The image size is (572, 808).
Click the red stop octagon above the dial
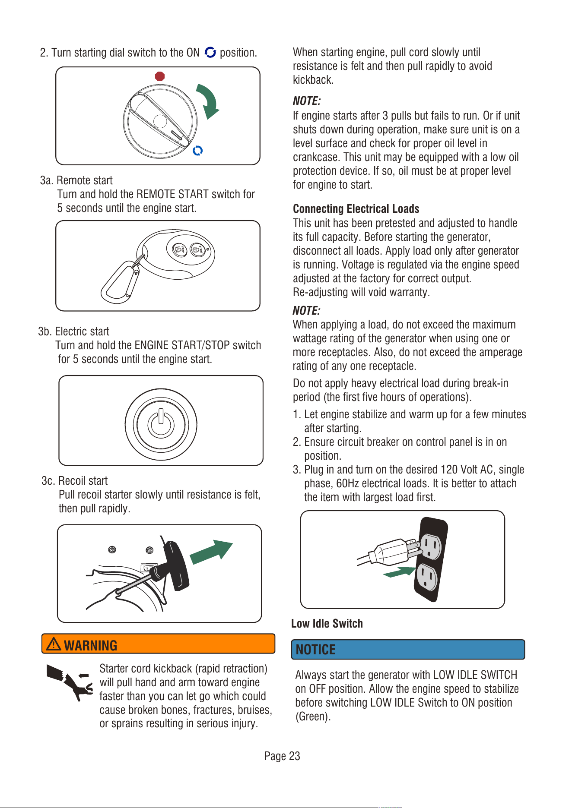[x=160, y=76]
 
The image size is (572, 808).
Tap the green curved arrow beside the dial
[x=208, y=101]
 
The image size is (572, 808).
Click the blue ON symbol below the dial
[x=198, y=151]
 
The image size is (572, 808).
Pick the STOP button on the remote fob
[x=180, y=250]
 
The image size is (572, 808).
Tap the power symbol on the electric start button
[x=161, y=422]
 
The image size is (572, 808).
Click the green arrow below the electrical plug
[x=400, y=572]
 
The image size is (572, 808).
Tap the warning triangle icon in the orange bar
[x=54, y=644]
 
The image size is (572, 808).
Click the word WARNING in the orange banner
[x=91, y=645]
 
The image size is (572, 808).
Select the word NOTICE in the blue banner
[x=316, y=650]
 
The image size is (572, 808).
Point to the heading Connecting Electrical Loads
[x=356, y=209]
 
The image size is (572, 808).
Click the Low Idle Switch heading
[x=327, y=624]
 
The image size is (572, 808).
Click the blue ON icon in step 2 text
[x=210, y=52]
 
